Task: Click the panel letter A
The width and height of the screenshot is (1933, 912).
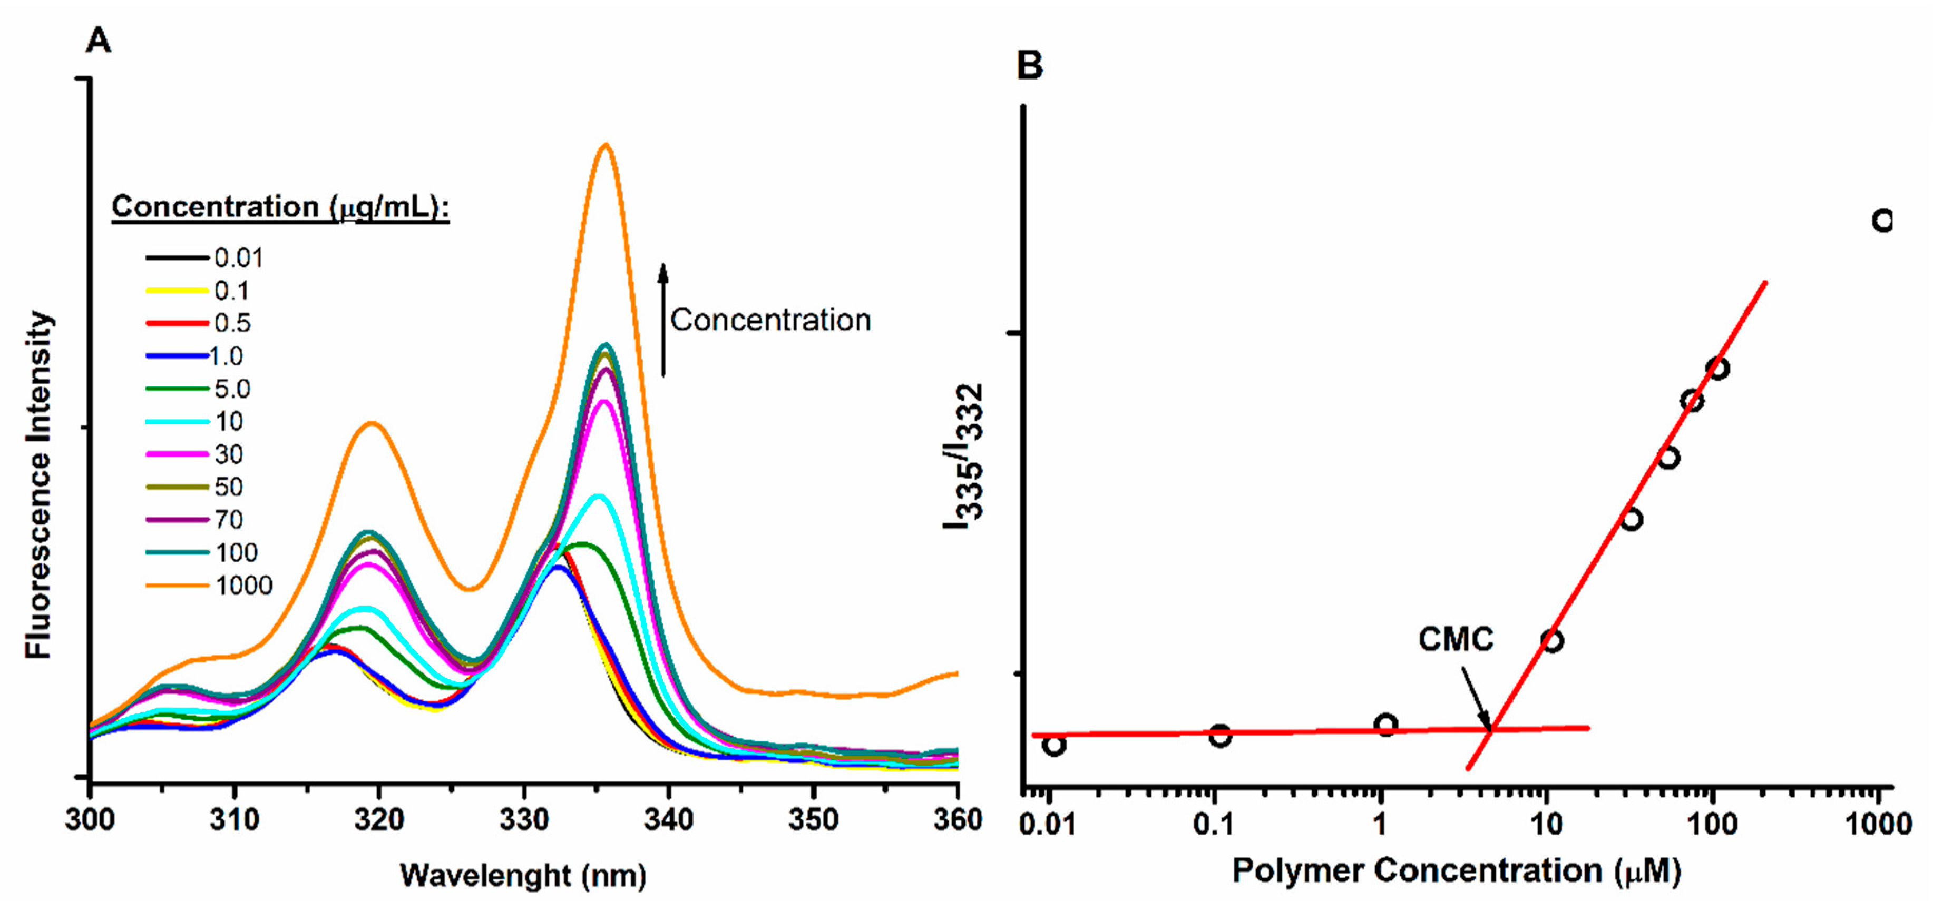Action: (x=99, y=39)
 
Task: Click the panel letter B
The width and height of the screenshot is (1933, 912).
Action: (x=1030, y=65)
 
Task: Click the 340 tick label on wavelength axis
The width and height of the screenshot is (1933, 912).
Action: (x=668, y=820)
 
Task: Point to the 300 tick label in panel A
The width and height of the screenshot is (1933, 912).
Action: (x=90, y=820)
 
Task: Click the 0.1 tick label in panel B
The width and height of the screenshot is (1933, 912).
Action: (x=1213, y=824)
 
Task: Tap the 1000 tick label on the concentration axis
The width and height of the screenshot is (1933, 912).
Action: (x=1878, y=824)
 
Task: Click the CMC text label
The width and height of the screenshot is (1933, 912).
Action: (x=1455, y=640)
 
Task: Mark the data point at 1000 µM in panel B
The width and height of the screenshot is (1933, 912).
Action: (x=1882, y=221)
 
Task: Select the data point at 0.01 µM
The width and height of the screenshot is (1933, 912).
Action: (x=1055, y=744)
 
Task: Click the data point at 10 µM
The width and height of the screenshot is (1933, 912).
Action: (x=1552, y=640)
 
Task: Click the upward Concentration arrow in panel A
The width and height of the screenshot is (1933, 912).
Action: (x=662, y=319)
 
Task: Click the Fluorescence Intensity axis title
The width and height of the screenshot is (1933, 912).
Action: (x=39, y=485)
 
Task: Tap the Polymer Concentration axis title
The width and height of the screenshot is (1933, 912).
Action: (x=1456, y=871)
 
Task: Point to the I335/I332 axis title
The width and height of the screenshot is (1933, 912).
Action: (x=963, y=456)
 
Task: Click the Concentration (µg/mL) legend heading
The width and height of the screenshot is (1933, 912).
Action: (x=280, y=207)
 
